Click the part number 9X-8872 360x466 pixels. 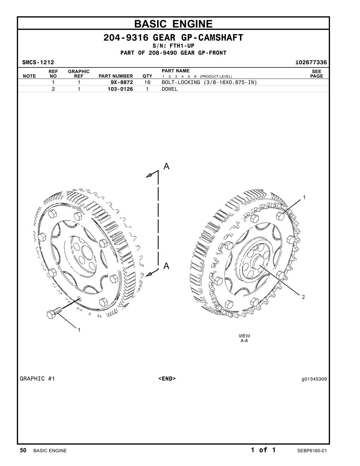(x=121, y=82)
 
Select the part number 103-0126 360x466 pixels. (x=120, y=89)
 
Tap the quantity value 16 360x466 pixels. (x=147, y=82)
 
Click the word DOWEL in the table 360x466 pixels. (x=170, y=89)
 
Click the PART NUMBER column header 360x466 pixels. (x=116, y=76)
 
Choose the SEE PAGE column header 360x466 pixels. (x=317, y=74)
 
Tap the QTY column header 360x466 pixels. (x=147, y=76)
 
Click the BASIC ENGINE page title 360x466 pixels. (x=173, y=24)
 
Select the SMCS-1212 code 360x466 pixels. (x=38, y=62)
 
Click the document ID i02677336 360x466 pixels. (x=311, y=62)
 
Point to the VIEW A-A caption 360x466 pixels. (x=244, y=338)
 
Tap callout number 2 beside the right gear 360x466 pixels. (x=303, y=297)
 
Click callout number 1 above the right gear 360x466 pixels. (x=304, y=197)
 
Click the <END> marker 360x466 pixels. (x=167, y=379)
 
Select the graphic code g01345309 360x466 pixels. (x=314, y=379)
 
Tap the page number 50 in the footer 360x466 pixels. (x=23, y=450)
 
